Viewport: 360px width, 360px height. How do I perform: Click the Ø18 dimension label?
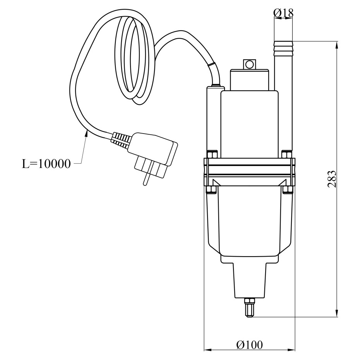click(x=283, y=13)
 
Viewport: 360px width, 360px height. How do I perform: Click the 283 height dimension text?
click(x=332, y=179)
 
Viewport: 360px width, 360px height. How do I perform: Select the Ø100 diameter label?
click(x=249, y=345)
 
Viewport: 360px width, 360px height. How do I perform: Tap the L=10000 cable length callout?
click(x=46, y=164)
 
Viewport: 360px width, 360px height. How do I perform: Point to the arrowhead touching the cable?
click(x=86, y=133)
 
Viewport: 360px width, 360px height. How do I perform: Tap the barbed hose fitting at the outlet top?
click(x=283, y=48)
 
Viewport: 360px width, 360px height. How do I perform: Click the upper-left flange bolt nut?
click(x=212, y=154)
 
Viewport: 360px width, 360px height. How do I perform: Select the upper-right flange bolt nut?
click(x=287, y=154)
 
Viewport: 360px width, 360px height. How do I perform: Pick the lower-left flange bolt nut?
click(x=212, y=189)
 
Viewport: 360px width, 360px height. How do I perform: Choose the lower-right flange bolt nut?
click(x=287, y=189)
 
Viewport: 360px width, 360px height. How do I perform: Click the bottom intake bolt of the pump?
click(x=250, y=308)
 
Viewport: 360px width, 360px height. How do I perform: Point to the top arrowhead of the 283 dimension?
click(x=337, y=45)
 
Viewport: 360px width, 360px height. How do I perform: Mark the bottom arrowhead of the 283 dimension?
click(x=337, y=313)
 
